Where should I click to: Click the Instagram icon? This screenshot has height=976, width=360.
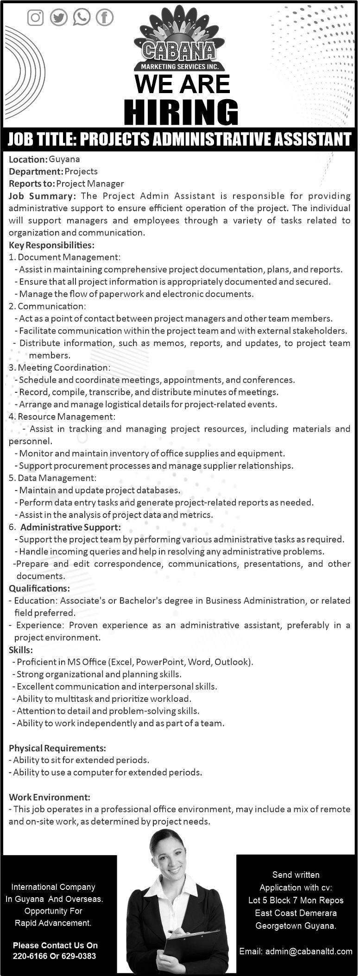36,18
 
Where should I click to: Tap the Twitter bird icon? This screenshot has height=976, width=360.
59,18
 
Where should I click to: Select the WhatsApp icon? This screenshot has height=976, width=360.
82,18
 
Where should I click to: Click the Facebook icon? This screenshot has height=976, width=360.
105,18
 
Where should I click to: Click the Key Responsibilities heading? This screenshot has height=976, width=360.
51,245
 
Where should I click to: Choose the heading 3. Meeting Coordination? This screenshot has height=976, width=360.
60,367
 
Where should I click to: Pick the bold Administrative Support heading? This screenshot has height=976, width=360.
70,527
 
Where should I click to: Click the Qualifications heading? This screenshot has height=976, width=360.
39,588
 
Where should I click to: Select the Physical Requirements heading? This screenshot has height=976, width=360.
57,748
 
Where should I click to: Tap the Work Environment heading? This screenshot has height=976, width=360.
50,797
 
